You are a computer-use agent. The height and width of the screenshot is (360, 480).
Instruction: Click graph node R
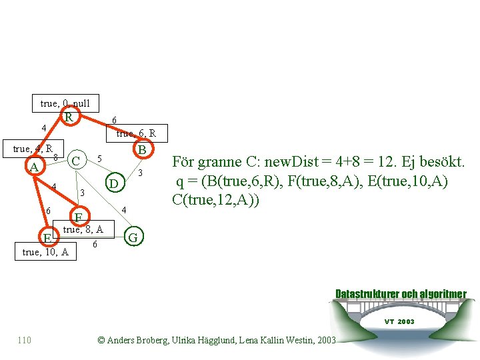[69, 117]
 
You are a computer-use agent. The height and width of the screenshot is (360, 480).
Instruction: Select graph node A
[35, 167]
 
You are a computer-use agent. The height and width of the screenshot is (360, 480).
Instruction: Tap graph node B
[142, 150]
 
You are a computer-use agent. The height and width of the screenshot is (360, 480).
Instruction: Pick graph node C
[77, 161]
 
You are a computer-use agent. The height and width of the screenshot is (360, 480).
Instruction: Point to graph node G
[133, 237]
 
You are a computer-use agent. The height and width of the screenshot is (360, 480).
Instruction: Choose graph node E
[47, 237]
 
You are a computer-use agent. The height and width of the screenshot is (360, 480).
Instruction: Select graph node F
[79, 217]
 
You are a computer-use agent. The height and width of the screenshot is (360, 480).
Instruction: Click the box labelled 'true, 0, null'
[65, 103]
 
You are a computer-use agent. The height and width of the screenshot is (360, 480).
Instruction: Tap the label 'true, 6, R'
[136, 133]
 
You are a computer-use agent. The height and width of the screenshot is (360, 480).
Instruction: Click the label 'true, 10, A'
[45, 252]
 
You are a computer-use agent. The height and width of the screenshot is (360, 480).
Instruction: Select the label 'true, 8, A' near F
[83, 230]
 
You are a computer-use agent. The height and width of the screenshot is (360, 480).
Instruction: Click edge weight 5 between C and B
[99, 159]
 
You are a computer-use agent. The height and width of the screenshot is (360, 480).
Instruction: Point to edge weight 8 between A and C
[55, 157]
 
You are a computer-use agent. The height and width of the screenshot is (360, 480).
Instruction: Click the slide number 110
[24, 340]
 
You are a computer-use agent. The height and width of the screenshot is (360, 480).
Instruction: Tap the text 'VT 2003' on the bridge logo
[399, 321]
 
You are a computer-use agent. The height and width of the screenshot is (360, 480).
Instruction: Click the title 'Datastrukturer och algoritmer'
[400, 294]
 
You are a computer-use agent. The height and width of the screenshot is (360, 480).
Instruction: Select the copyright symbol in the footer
[101, 340]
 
